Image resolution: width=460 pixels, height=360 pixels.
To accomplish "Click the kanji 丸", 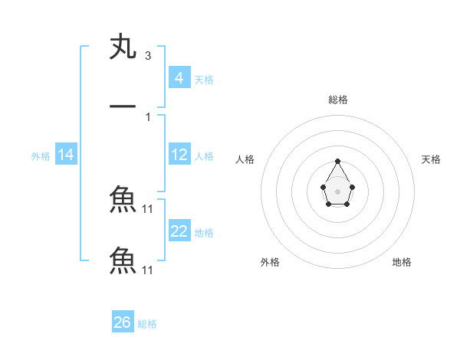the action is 123,47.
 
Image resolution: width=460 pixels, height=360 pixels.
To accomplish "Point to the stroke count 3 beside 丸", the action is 147,56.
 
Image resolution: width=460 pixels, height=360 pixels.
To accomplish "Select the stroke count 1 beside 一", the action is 147,116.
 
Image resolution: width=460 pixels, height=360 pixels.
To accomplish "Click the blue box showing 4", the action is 179,77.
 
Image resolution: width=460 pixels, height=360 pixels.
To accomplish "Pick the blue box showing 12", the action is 179,155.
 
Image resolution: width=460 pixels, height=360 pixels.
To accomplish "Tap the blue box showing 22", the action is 179,231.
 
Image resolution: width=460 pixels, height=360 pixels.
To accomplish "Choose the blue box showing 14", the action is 66,155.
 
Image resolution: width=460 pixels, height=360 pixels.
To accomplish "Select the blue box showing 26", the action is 123,322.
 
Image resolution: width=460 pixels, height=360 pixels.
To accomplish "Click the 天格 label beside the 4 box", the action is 204,79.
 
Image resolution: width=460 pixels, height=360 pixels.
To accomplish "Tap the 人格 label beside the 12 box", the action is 204,155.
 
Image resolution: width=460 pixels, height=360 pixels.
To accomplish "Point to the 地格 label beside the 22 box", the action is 204,232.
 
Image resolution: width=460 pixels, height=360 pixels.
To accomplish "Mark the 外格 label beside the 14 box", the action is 41,155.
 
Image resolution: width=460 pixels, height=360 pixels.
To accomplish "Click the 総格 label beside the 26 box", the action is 147,324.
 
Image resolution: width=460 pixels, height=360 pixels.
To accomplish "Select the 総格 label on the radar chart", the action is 338,100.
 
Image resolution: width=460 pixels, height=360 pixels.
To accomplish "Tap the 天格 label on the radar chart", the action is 432,159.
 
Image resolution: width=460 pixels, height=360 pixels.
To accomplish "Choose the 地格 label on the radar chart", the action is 402,262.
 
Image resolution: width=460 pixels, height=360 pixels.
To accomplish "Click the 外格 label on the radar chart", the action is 270,262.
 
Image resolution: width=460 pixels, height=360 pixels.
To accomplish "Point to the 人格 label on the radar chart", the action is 245,159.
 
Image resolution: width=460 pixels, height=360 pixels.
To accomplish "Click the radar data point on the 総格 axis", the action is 338,161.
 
